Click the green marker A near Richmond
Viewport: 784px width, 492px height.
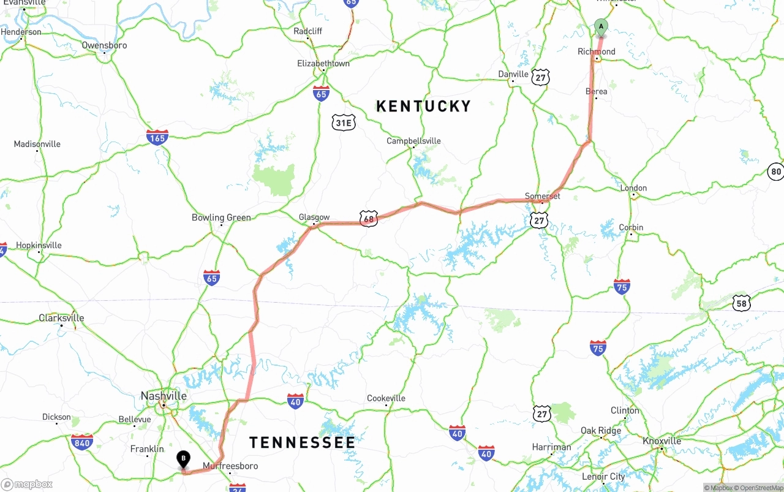pyautogui.click(x=601, y=27)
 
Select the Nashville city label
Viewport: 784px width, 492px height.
pyautogui.click(x=164, y=396)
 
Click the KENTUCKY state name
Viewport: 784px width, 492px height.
pyautogui.click(x=423, y=106)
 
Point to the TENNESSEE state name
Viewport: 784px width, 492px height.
pyautogui.click(x=302, y=442)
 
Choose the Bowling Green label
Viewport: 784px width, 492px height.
pyautogui.click(x=221, y=218)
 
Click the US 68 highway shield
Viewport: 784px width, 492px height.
pyautogui.click(x=368, y=219)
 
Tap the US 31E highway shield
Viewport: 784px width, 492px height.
pyautogui.click(x=344, y=123)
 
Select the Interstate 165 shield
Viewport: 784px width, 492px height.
pyautogui.click(x=157, y=137)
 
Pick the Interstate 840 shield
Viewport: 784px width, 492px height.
pyautogui.click(x=82, y=442)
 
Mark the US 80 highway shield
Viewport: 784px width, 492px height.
pyautogui.click(x=776, y=172)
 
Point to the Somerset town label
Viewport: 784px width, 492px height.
pyautogui.click(x=542, y=196)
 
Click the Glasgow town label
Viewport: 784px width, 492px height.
pyautogui.click(x=314, y=218)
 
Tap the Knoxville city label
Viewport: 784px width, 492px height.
pyautogui.click(x=661, y=441)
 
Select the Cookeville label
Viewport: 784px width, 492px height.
pyautogui.click(x=386, y=398)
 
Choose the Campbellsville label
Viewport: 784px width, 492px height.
pyautogui.click(x=413, y=141)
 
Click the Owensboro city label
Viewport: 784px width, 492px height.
pyautogui.click(x=104, y=45)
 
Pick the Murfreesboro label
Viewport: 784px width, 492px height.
pyautogui.click(x=230, y=466)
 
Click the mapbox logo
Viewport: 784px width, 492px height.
pyautogui.click(x=27, y=484)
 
